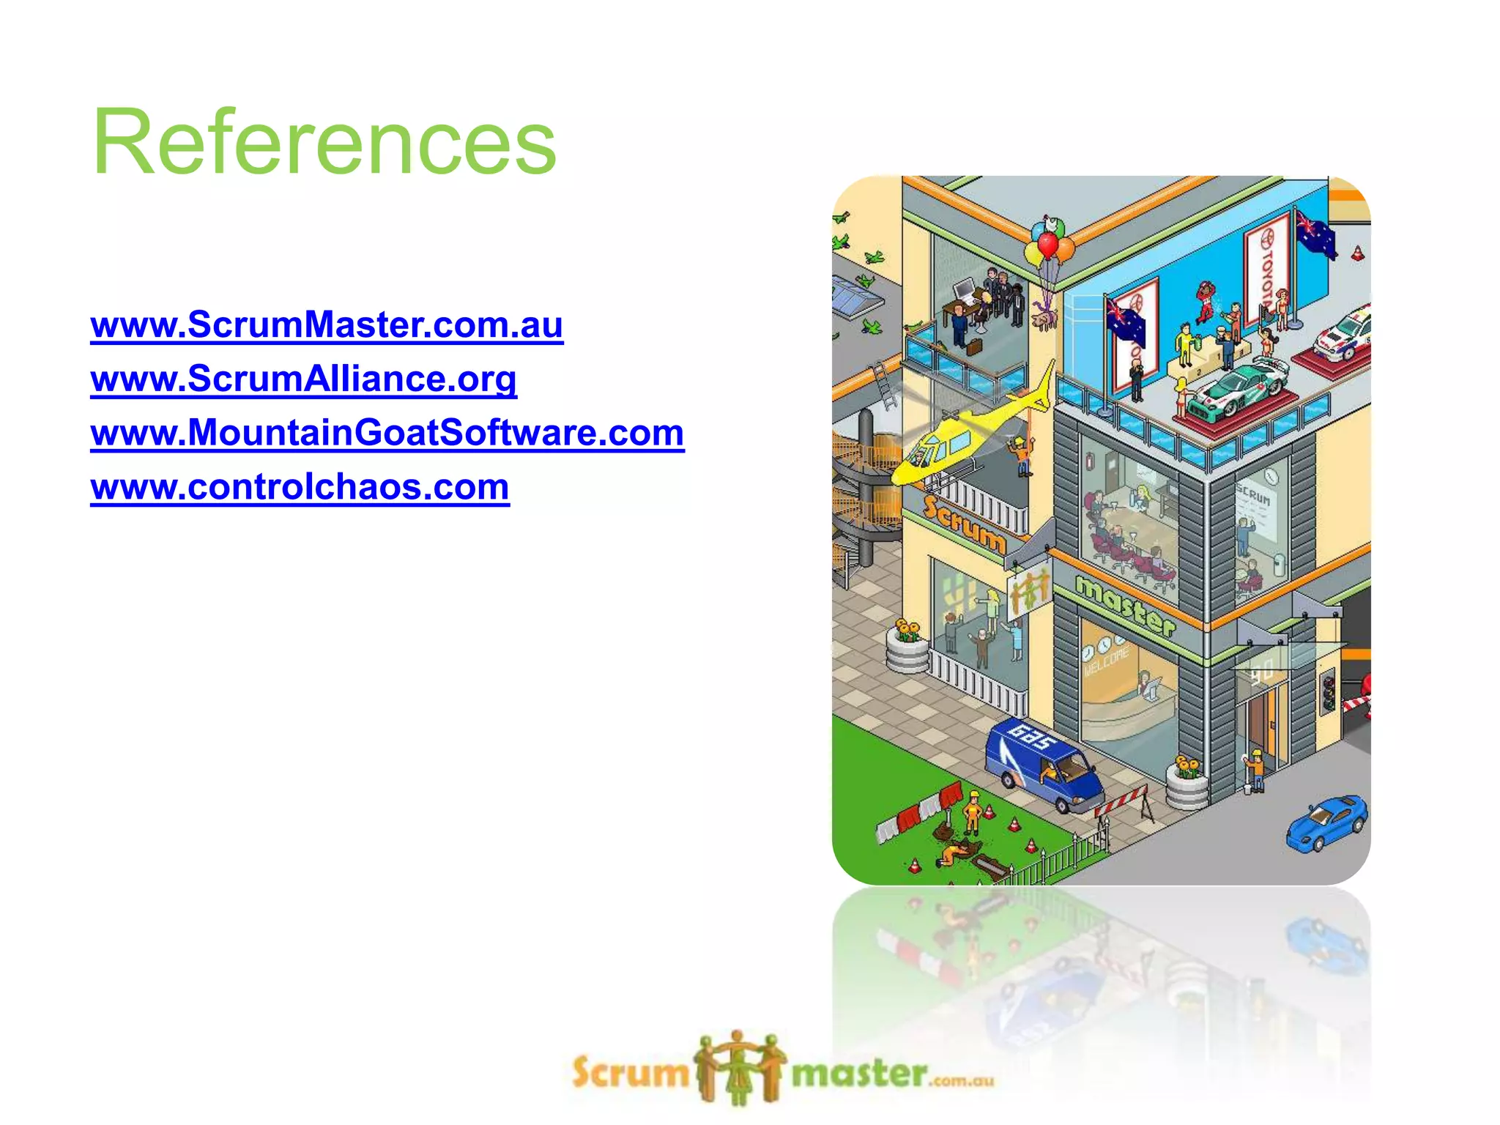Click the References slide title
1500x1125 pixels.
tap(324, 141)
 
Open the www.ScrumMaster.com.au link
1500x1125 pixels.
tap(327, 324)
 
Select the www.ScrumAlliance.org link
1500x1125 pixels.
tap(303, 379)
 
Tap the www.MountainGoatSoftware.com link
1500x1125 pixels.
tap(387, 432)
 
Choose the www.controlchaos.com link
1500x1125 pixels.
tap(300, 486)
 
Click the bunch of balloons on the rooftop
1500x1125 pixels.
tap(1048, 245)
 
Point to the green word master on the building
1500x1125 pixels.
tap(1125, 605)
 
